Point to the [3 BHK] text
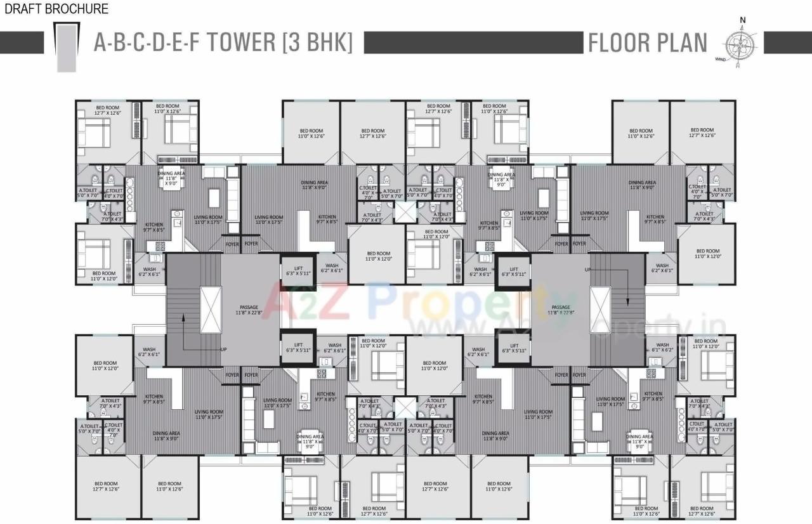tap(317, 43)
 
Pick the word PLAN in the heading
tap(683, 43)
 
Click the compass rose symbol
tap(740, 43)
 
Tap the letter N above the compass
tap(742, 19)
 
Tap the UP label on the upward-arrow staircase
tap(223, 350)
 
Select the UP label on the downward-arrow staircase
tap(588, 270)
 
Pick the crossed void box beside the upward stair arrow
tap(209, 310)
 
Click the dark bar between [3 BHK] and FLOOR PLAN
tap(473, 43)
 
